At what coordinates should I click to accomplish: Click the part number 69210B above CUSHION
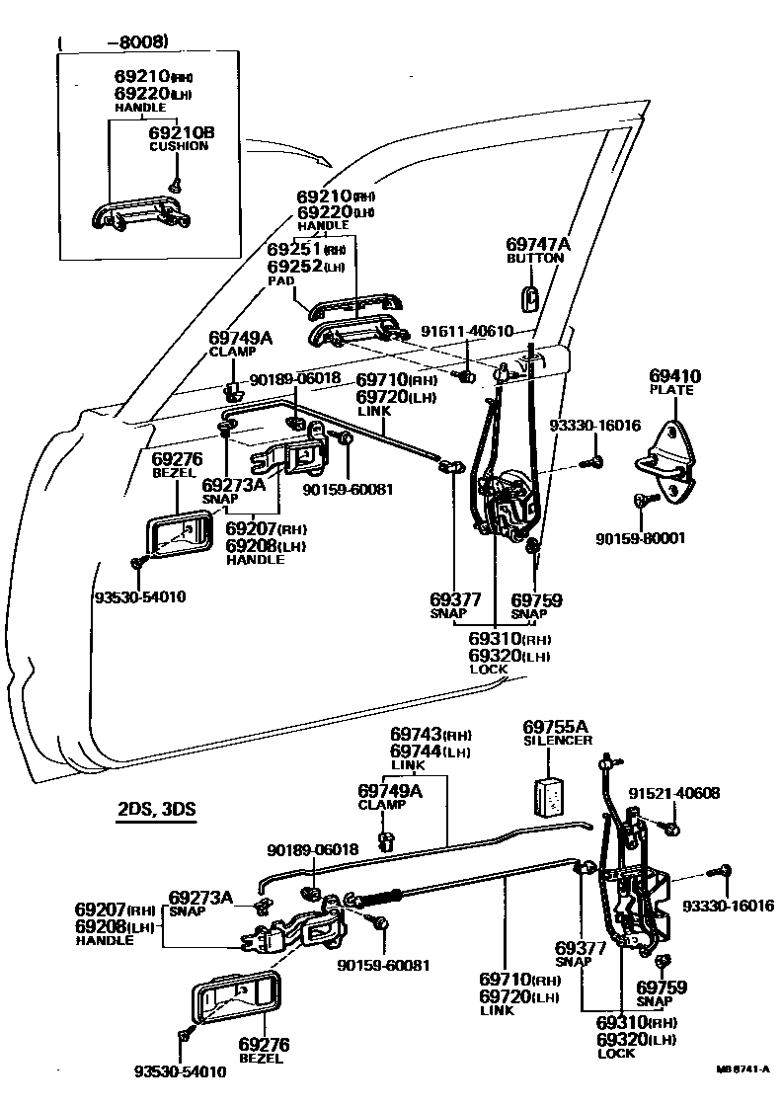click(181, 131)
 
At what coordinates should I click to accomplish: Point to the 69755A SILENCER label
click(557, 732)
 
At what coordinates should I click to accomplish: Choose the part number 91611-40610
click(465, 331)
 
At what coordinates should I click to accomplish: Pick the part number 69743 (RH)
click(429, 735)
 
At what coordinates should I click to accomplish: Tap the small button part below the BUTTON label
click(529, 295)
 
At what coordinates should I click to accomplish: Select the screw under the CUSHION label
click(174, 184)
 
